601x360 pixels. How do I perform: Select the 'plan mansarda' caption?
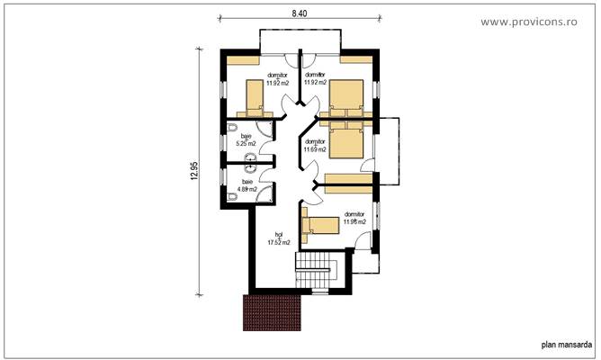point(566,343)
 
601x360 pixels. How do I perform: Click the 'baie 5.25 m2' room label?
point(247,139)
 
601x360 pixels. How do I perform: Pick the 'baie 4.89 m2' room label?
point(247,186)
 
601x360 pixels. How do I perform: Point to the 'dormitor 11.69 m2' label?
point(315,146)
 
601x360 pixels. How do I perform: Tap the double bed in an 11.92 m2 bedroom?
point(347,95)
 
